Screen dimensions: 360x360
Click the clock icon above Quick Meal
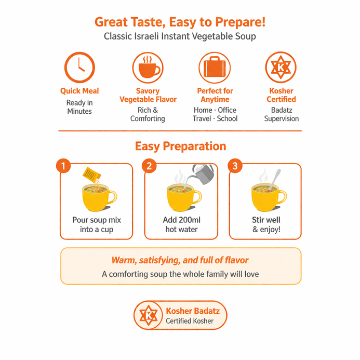click(x=79, y=67)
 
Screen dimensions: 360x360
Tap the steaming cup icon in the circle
click(x=148, y=68)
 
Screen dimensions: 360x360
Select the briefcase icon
click(x=215, y=68)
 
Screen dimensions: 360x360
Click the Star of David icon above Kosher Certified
click(x=281, y=67)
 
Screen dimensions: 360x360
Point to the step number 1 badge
click(x=63, y=166)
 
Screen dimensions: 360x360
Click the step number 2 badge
click(x=149, y=166)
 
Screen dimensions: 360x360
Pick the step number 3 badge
click(x=235, y=166)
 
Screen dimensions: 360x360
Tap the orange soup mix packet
click(x=91, y=175)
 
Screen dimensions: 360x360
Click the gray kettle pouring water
click(x=204, y=174)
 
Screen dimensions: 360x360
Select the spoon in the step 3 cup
click(x=275, y=179)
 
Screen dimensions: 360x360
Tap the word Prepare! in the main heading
click(x=240, y=22)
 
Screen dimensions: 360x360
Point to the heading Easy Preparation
click(x=180, y=146)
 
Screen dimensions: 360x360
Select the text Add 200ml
click(x=182, y=220)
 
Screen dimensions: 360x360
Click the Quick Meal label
click(x=79, y=91)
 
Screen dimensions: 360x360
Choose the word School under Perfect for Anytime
click(x=227, y=118)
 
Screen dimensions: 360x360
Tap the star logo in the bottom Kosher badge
click(x=149, y=315)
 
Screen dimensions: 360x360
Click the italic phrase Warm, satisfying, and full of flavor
click(x=180, y=260)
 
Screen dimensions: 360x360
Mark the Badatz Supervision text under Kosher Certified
click(x=281, y=114)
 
